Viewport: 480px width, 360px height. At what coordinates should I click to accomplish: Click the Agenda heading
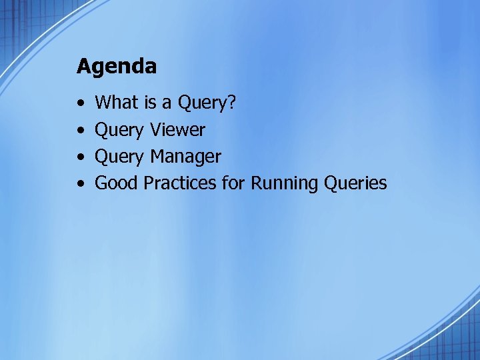click(x=117, y=67)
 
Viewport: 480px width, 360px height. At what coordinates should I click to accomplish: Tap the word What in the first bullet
click(x=116, y=103)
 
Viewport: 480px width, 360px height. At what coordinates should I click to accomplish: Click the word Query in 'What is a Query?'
click(x=201, y=103)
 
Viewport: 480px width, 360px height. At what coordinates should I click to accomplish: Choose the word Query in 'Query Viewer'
click(x=119, y=130)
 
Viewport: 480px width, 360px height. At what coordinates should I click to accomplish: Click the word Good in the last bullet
click(x=117, y=183)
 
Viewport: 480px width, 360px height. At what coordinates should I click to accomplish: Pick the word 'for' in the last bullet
click(x=233, y=183)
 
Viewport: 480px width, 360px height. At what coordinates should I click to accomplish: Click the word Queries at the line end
click(x=355, y=183)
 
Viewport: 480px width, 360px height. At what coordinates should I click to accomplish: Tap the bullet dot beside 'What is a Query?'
click(x=80, y=104)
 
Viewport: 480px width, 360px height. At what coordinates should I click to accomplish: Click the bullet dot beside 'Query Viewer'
click(x=80, y=131)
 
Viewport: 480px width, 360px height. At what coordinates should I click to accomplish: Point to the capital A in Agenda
click(x=83, y=66)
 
